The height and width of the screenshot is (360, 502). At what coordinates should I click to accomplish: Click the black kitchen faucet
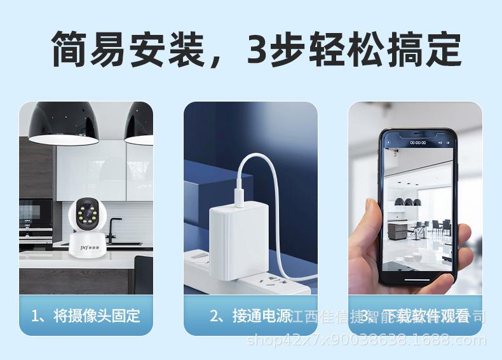pos(115,230)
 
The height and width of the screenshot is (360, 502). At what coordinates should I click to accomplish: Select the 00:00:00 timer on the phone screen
pos(417,143)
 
